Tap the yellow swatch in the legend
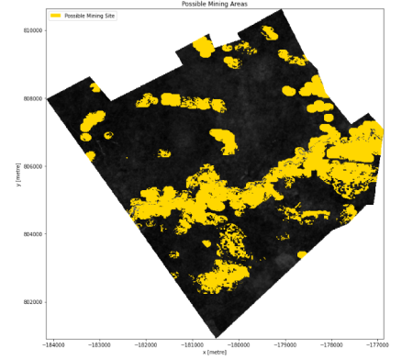(55, 17)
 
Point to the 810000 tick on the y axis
(32, 30)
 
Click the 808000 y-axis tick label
(32, 98)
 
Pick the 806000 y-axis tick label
(32, 166)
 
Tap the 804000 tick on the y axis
(32, 234)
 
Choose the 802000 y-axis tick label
(32, 302)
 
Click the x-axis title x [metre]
(218, 354)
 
